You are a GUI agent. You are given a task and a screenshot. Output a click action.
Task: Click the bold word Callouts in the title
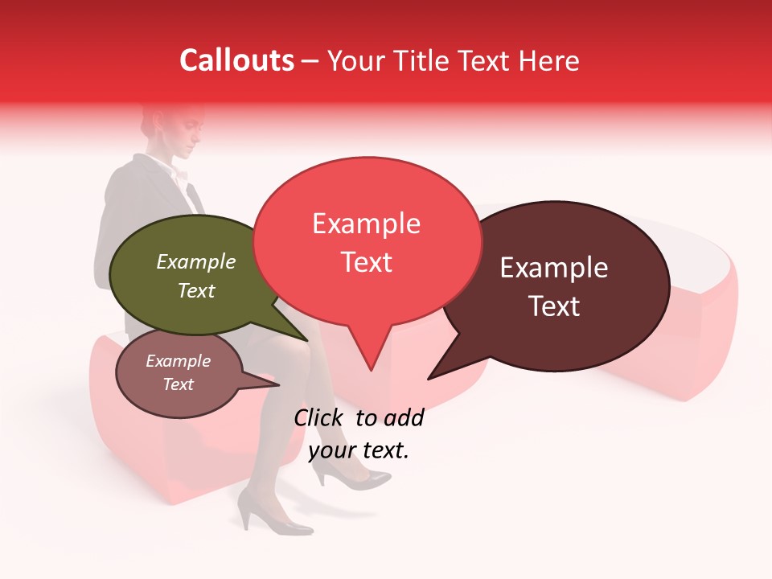click(x=236, y=61)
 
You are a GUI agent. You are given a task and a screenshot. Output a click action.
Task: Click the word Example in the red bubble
click(x=366, y=224)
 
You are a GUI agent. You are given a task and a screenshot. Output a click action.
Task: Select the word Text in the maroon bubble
click(x=555, y=306)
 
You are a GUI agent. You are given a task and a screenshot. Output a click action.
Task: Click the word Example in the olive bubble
click(x=196, y=262)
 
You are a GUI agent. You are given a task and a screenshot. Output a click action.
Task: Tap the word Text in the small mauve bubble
click(x=179, y=384)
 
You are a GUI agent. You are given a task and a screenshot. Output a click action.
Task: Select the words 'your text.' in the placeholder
click(x=359, y=450)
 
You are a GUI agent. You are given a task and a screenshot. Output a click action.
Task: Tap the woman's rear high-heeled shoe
click(x=273, y=519)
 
